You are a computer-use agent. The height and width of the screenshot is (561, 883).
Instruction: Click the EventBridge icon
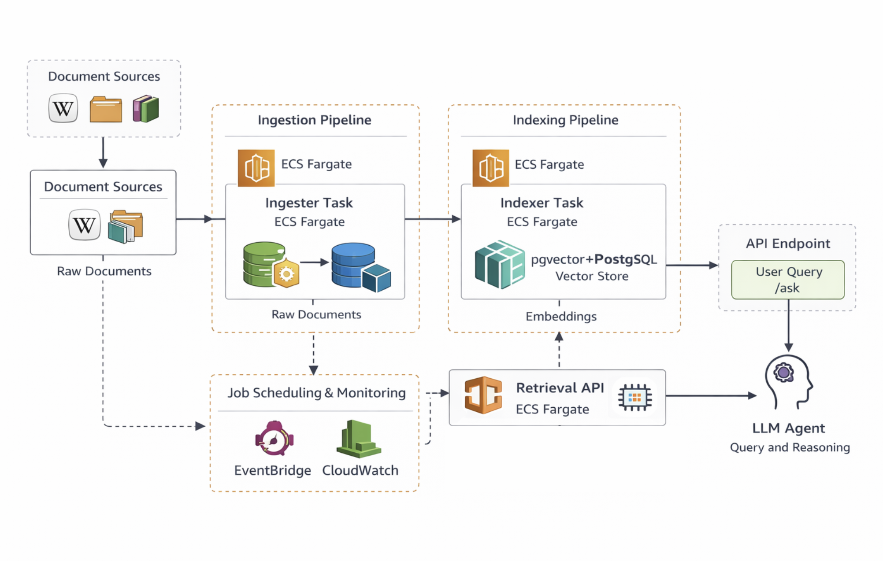(274, 439)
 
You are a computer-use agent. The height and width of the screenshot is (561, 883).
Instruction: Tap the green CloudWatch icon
(358, 439)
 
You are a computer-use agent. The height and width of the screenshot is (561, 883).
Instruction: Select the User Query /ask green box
(788, 280)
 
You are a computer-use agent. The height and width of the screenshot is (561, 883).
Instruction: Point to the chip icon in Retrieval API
(634, 398)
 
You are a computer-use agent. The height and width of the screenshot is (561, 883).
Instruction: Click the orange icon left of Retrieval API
(483, 395)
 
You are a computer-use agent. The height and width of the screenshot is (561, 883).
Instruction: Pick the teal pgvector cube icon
(500, 264)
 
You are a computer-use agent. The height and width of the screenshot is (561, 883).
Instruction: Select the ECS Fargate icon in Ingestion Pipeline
(256, 168)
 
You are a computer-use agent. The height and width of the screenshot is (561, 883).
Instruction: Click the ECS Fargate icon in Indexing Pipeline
(490, 168)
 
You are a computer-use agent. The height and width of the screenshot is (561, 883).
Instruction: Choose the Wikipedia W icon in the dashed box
(63, 108)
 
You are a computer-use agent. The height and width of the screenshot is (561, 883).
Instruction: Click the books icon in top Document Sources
(146, 108)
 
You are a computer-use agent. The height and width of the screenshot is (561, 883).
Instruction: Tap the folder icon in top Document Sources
(106, 109)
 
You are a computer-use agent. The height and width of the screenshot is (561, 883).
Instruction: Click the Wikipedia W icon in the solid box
(84, 225)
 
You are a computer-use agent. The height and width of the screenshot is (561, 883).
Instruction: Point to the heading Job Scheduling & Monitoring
(316, 392)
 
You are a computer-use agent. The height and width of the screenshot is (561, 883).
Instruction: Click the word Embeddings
(560, 316)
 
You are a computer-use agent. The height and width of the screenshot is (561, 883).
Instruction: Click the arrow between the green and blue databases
(315, 262)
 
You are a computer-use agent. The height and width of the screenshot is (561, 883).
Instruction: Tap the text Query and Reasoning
(790, 447)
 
